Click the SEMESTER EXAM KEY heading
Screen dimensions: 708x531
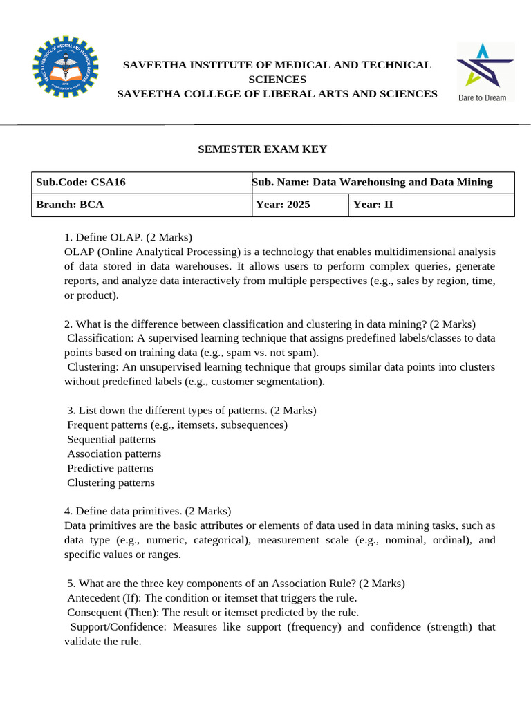click(x=263, y=149)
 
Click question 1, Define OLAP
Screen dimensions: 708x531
click(x=128, y=237)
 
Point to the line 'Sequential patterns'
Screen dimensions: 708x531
click(x=111, y=439)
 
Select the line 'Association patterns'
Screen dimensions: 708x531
click(x=114, y=454)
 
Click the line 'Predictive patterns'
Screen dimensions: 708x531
click(x=111, y=468)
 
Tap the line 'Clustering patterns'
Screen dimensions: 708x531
click(x=111, y=483)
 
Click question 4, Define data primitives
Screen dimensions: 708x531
click(x=147, y=511)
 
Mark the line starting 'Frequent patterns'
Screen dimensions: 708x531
click(x=177, y=425)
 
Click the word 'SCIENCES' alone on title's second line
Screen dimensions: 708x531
click(x=277, y=80)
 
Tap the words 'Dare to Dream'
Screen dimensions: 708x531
click(x=483, y=97)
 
